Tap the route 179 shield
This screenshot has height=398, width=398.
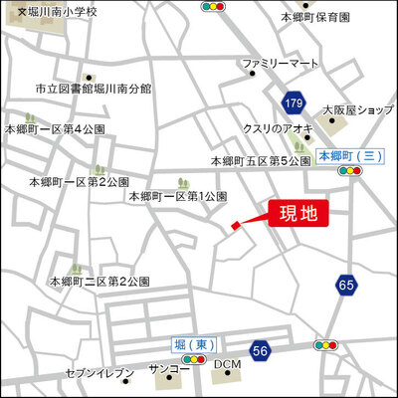coord(292,103)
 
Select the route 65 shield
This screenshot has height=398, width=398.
coord(346,285)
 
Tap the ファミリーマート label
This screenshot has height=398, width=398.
coord(279,64)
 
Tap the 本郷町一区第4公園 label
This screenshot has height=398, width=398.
coord(55,128)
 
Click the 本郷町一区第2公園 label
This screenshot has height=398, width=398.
coord(80,182)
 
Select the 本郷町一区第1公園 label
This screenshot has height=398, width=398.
coord(179,197)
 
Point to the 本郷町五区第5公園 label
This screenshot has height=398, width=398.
coord(262,161)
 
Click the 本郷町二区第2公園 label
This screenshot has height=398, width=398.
coord(100,283)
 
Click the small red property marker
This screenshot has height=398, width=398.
coord(236,227)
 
